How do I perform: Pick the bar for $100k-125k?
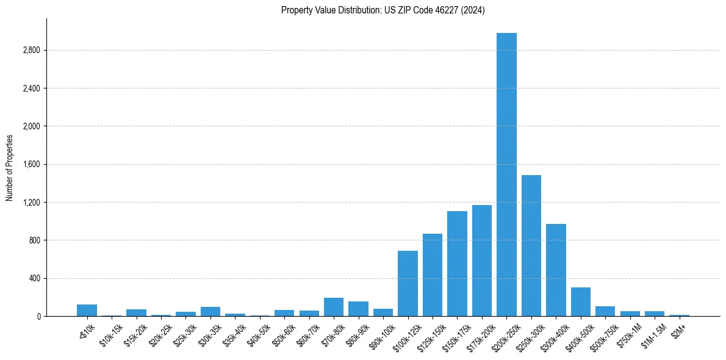pos(408,284)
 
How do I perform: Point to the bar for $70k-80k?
pos(334,307)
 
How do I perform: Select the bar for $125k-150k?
pos(433,275)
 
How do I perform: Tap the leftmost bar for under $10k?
pos(87,311)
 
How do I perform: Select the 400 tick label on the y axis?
pos(34,278)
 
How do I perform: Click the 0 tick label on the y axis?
pos(38,316)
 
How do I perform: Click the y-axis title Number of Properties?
pos(10,167)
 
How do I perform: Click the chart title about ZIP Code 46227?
pos(383,10)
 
